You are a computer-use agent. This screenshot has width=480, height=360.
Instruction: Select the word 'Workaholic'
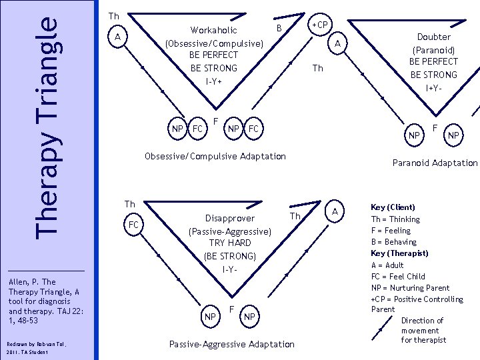pos(213,30)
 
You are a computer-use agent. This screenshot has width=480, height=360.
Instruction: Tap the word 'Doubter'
pos(433,37)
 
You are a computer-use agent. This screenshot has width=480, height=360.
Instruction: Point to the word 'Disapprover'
pos(230,219)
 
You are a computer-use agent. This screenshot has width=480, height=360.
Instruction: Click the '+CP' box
pos(321,25)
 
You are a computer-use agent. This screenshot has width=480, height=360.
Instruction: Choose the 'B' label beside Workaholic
pos(279,27)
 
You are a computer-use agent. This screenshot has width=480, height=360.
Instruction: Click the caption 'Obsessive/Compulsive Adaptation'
pos(215,157)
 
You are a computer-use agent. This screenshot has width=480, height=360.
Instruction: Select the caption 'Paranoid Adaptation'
pos(435,163)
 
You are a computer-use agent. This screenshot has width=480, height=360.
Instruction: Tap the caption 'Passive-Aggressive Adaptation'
pos(231,344)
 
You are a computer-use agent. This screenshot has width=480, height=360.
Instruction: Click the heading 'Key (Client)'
pos(393,207)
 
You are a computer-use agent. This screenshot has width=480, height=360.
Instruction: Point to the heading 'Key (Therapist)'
pos(399,253)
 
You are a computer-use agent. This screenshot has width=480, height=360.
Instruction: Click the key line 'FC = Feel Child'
pos(398,276)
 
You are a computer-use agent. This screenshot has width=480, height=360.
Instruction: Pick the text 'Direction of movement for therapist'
pos(423,331)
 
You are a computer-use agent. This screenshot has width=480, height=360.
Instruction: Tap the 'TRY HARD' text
pos(230,243)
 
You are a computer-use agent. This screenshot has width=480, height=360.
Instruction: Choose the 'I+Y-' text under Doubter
pos(433,87)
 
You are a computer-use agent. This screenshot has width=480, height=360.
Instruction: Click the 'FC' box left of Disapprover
pos(133,225)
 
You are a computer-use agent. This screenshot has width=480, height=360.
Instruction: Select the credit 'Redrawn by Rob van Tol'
pos(27,343)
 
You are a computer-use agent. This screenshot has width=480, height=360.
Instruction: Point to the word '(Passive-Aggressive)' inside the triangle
pos(230,231)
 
